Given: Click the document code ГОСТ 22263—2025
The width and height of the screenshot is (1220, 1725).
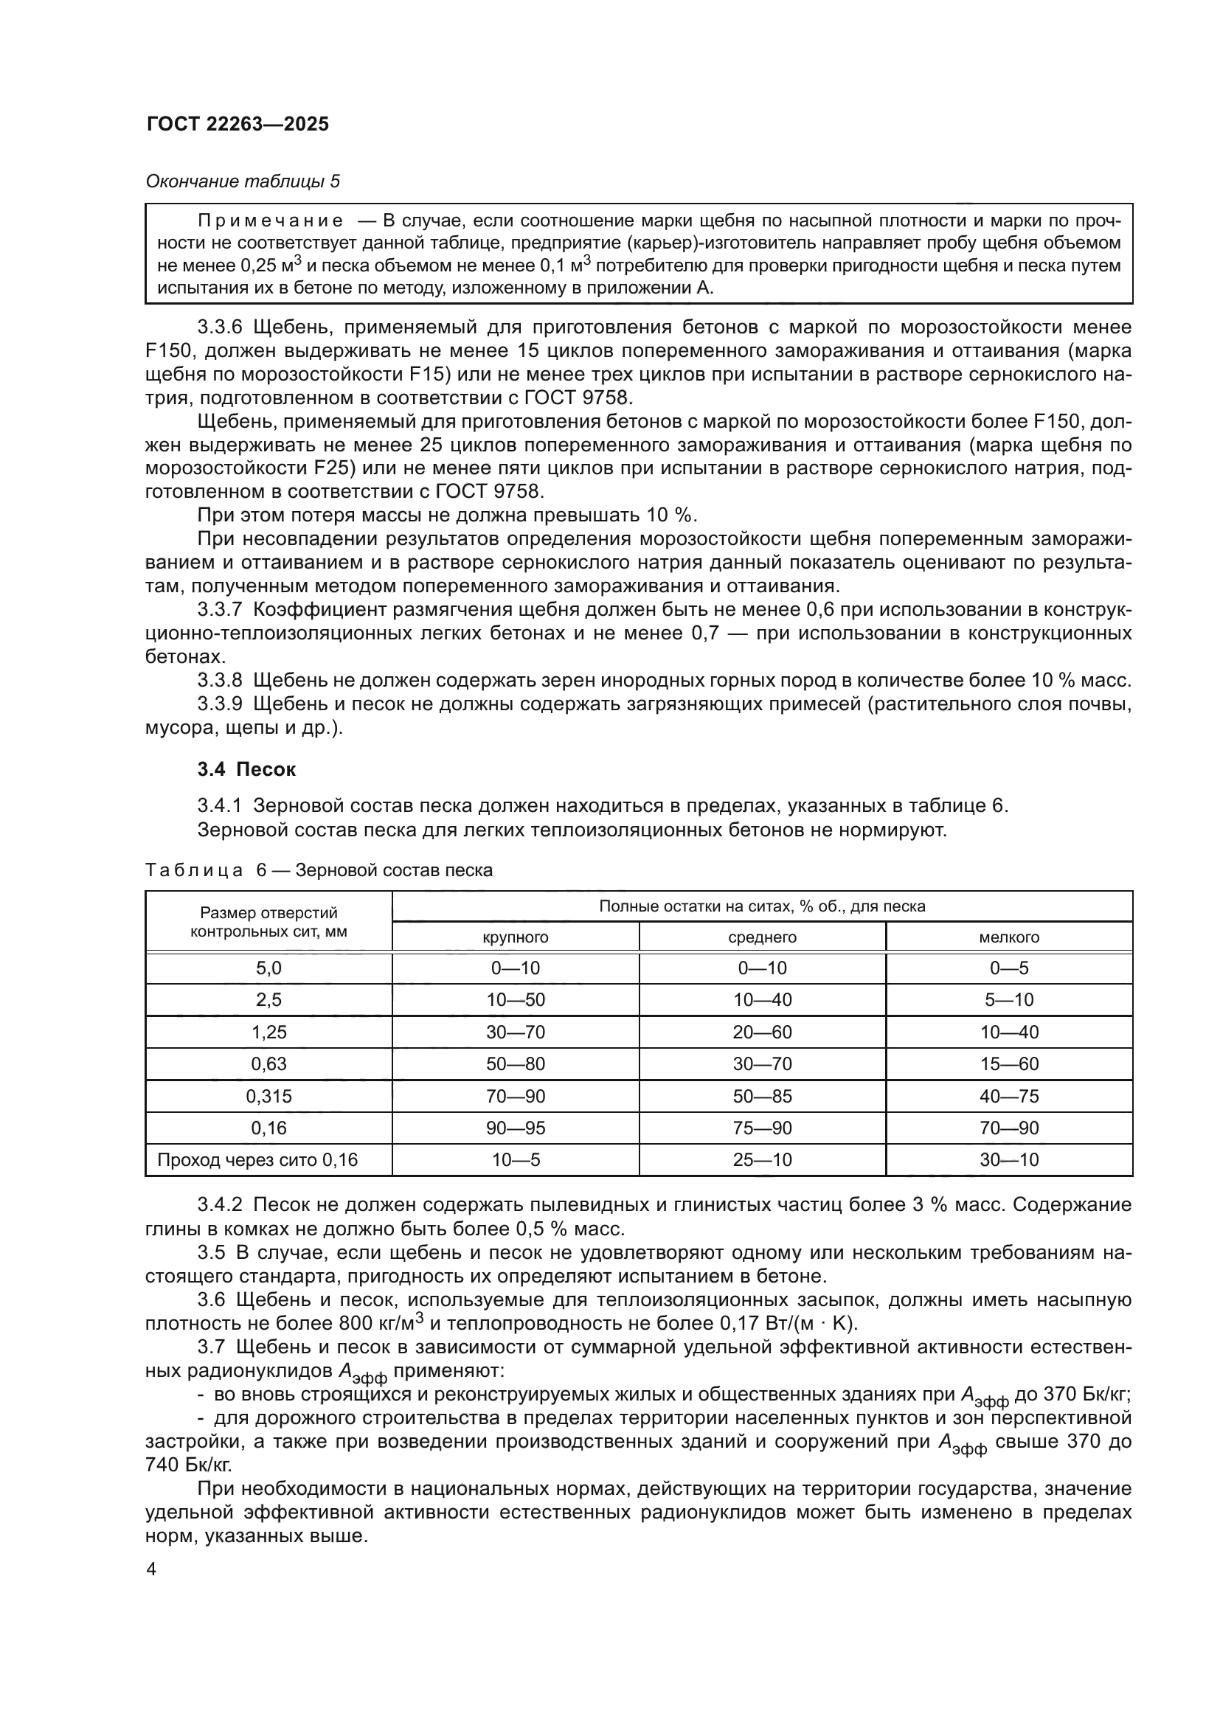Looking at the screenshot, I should (238, 125).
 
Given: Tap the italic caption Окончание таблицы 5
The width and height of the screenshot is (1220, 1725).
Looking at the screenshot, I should (242, 181).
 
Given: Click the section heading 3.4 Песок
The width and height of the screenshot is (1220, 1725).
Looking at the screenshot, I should (246, 769).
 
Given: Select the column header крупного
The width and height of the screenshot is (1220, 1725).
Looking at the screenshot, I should (515, 937).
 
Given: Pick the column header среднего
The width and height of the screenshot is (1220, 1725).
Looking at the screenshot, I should (762, 937).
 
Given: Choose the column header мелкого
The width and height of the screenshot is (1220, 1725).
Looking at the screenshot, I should (1009, 937).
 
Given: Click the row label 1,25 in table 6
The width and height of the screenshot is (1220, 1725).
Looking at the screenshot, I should (269, 1032).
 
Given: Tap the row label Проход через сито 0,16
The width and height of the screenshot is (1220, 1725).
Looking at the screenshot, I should (257, 1160).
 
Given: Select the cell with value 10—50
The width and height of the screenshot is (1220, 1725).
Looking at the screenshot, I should (515, 1000).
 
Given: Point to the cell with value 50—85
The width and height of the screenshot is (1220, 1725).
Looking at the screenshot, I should (762, 1096).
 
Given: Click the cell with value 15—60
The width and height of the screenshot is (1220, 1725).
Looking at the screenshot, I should (1009, 1064).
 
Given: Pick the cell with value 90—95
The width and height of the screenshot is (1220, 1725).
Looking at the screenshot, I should (515, 1128).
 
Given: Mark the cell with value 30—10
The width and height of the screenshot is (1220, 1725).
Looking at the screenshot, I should (1009, 1160).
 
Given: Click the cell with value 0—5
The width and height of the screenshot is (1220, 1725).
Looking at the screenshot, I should (1009, 968).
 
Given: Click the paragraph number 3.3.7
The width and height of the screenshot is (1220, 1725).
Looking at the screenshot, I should (219, 609).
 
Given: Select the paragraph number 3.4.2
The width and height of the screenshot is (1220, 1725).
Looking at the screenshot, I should (219, 1205).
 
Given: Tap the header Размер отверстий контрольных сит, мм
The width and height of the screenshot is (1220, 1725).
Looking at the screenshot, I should (268, 922).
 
